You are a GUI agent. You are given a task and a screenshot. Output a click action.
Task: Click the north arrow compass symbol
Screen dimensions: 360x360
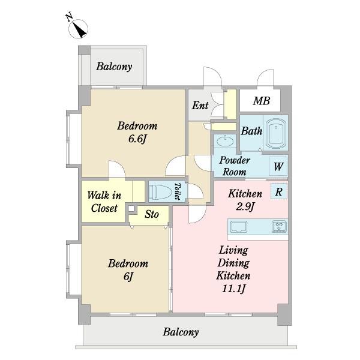pos(78,29)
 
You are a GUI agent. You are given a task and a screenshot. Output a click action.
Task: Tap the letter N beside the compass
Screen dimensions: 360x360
pos(70,17)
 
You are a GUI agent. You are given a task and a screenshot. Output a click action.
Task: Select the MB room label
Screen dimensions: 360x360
pos(262,101)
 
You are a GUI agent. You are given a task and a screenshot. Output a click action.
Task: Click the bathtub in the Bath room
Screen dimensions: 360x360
pos(276,133)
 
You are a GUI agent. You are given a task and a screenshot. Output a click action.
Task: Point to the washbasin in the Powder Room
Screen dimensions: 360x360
pos(225,141)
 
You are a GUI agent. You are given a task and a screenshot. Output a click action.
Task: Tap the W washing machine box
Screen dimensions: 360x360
pos(278,166)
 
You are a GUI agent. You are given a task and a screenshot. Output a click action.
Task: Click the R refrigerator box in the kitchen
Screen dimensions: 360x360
pos(279,191)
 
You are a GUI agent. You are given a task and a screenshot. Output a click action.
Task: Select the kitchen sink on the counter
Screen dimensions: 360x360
pos(239,227)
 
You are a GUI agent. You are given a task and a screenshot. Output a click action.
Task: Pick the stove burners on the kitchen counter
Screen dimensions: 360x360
pos(279,227)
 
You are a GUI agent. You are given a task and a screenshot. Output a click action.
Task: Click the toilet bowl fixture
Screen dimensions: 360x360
pos(160,192)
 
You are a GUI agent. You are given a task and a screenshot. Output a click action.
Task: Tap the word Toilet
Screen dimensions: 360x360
pos(178,191)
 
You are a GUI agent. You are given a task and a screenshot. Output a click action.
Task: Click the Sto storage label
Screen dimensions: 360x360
pos(152,214)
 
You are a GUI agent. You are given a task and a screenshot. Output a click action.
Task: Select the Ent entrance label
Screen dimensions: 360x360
pos(200,106)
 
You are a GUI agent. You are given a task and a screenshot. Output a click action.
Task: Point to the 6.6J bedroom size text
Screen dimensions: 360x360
pos(137,139)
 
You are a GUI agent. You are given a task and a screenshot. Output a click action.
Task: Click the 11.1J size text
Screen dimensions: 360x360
pos(234,289)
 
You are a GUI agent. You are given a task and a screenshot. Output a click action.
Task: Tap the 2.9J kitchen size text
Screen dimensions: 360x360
pos(245,206)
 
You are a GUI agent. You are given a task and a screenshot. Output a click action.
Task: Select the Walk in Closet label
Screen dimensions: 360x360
pos(104,202)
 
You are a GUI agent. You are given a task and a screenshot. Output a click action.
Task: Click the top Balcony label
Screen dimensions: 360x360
pos(114,67)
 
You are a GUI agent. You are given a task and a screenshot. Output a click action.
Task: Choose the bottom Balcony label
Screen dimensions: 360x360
pos(181,332)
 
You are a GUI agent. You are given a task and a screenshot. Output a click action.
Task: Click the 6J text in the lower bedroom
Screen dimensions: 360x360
pos(128,277)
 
